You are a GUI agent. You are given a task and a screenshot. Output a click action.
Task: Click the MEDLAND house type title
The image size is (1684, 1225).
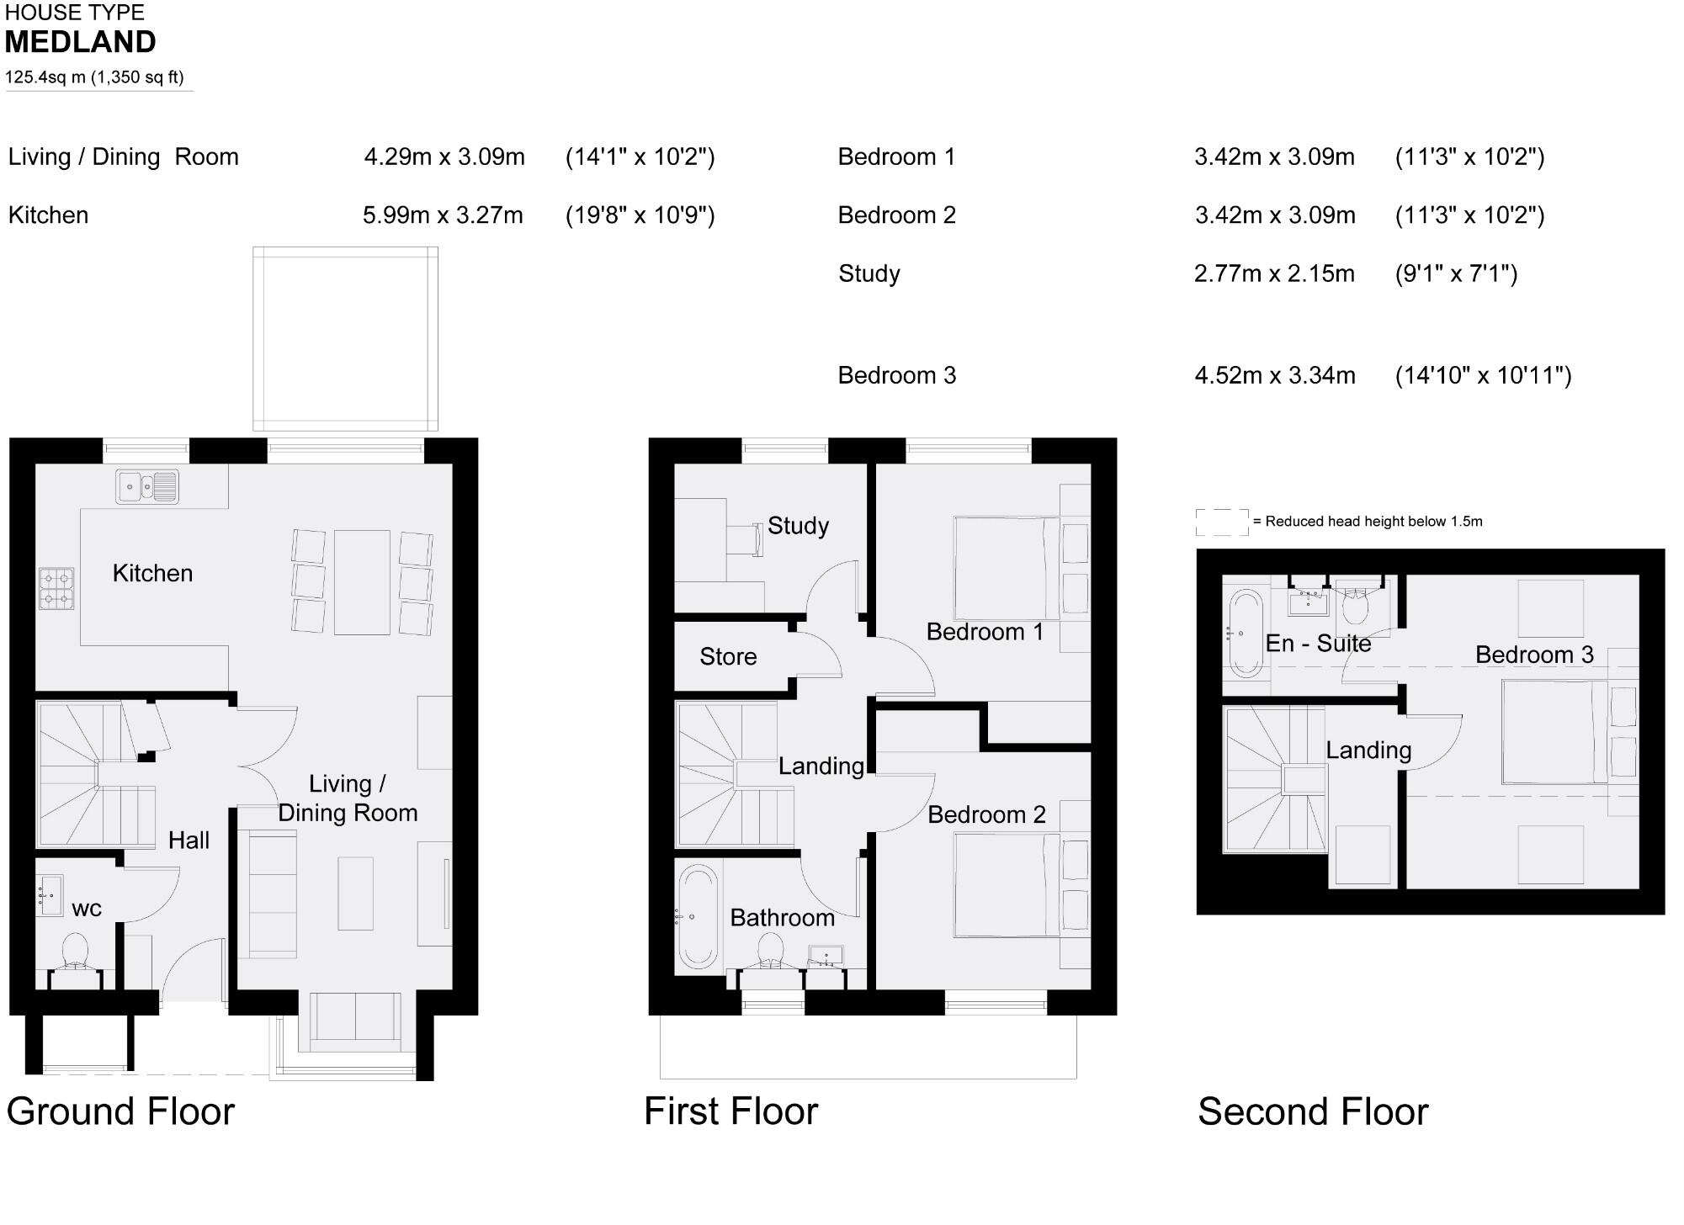[81, 42]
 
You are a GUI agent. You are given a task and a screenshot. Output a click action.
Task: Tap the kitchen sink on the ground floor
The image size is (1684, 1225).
[147, 486]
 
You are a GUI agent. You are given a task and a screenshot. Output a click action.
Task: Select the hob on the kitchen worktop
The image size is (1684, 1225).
[56, 588]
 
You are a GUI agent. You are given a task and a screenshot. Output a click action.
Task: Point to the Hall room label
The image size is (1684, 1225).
[189, 840]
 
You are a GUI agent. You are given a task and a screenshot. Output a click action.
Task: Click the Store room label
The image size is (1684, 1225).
[728, 656]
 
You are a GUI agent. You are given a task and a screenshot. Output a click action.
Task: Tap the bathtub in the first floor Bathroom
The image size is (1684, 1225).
[698, 916]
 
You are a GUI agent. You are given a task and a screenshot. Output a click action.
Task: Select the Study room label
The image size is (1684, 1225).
[798, 526]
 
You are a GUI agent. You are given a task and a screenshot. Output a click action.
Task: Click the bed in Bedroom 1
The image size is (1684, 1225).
[1007, 569]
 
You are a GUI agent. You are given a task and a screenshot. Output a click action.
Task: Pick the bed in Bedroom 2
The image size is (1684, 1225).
[1007, 884]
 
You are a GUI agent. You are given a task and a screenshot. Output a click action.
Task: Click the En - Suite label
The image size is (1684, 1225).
[1318, 644]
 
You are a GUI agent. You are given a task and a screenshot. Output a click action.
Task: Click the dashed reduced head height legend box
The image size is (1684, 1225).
[1222, 522]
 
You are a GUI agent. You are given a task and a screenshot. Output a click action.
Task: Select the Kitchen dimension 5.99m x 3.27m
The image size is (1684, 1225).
[443, 215]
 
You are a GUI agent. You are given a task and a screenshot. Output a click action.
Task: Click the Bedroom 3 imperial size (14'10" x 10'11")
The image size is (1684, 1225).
[1483, 375]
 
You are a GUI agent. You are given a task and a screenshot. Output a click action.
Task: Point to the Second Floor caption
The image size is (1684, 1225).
[1312, 1111]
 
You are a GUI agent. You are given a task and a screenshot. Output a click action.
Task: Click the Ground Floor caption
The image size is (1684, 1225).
[120, 1111]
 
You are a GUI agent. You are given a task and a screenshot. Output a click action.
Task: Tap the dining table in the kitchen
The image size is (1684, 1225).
[362, 582]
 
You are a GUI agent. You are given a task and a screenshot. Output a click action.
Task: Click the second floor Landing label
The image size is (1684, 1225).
[1368, 750]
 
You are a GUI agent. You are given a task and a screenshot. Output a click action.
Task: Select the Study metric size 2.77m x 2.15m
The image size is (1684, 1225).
[1274, 273]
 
